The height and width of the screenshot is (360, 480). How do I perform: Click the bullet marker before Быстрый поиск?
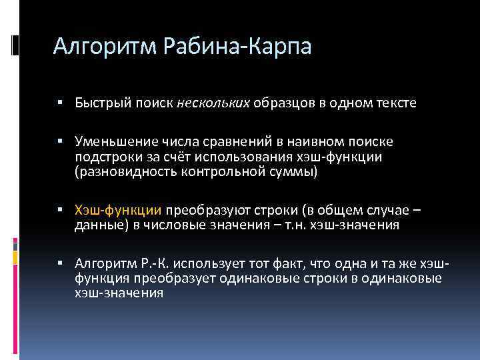pos(60,103)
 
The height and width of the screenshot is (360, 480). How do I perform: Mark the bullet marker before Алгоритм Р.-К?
pos(60,263)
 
